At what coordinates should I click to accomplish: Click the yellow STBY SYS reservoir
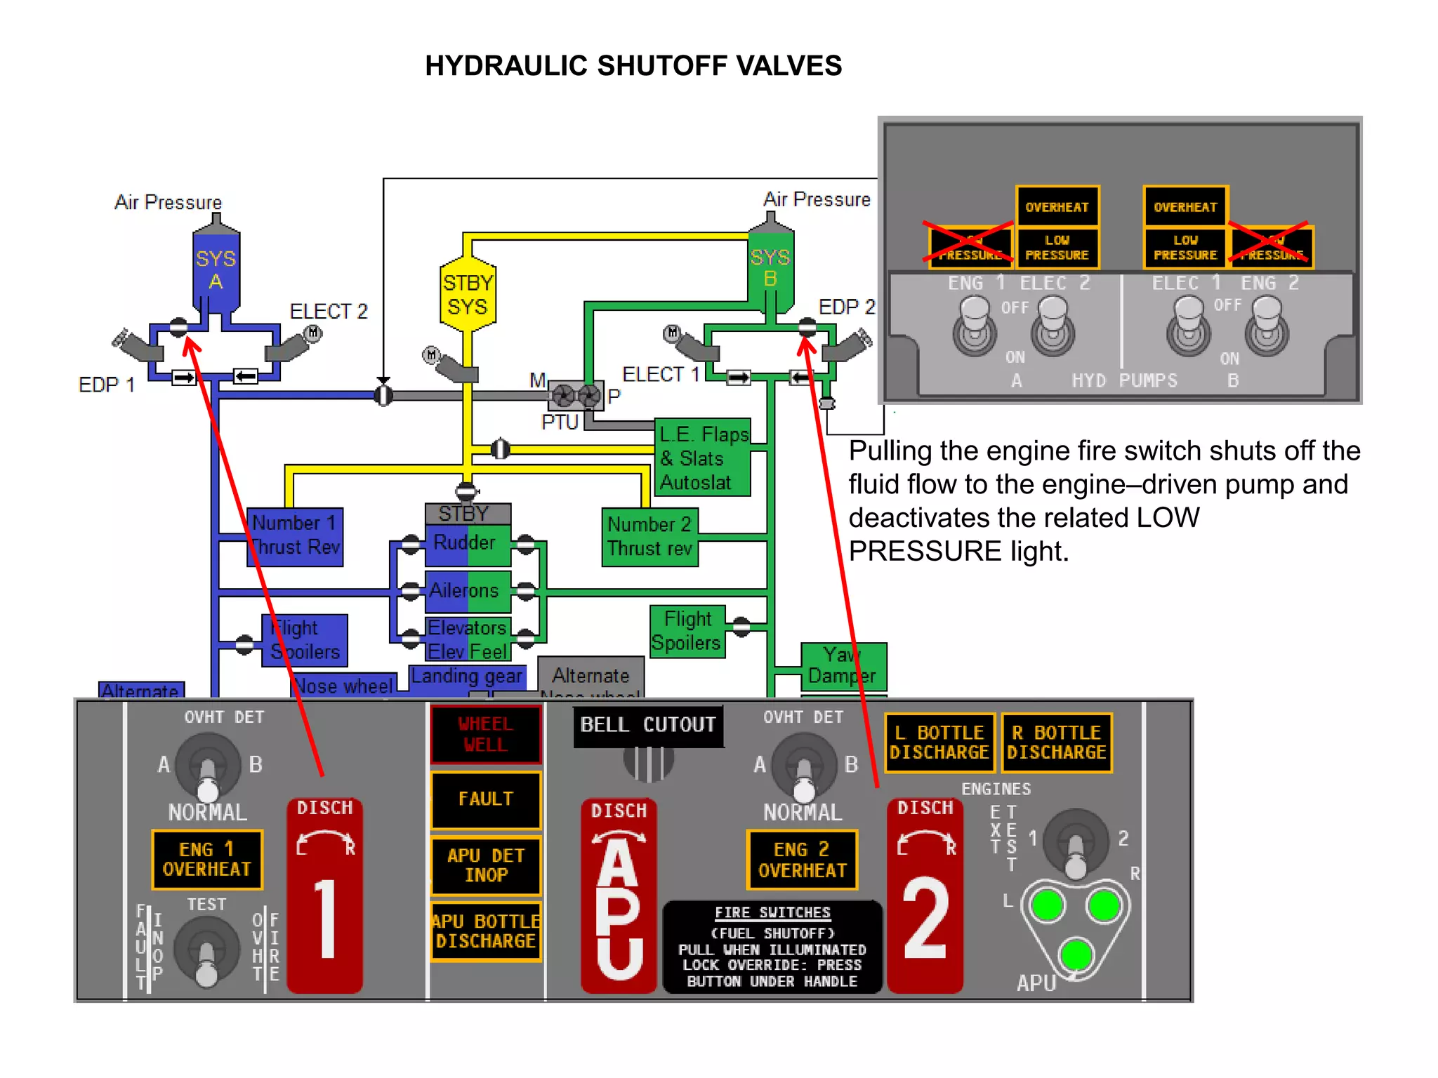point(467,295)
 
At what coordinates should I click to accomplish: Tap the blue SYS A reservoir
point(216,270)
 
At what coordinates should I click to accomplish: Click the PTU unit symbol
point(576,397)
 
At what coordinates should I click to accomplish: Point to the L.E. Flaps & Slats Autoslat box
point(702,458)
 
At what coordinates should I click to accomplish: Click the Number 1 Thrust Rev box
point(296,536)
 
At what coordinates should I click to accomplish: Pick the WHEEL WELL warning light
point(485,734)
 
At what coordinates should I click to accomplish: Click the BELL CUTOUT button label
point(647,725)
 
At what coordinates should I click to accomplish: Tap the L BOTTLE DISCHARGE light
point(939,743)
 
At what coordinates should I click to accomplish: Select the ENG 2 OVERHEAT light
point(802,860)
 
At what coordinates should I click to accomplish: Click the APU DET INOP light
point(485,865)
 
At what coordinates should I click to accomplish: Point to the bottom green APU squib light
point(1076,954)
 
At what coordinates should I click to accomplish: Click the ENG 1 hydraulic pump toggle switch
point(974,326)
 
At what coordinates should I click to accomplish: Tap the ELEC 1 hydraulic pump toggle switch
point(1188,326)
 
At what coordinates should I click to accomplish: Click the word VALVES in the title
point(789,66)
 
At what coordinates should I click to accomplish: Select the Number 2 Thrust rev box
point(649,537)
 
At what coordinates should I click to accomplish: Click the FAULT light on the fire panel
point(485,799)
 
